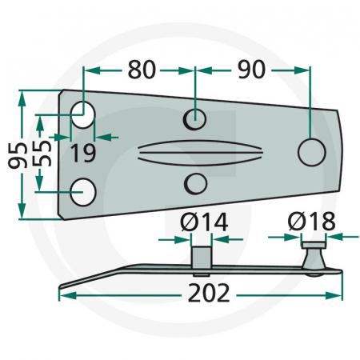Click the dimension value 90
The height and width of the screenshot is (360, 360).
coord(251,70)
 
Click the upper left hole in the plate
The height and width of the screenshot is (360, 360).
coord(82,115)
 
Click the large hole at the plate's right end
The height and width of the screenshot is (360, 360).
coord(310,150)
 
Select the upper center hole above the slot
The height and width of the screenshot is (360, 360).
coord(194,118)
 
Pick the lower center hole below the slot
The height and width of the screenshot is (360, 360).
coord(194,184)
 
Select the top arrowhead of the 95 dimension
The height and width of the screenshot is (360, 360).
coord(22,95)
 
